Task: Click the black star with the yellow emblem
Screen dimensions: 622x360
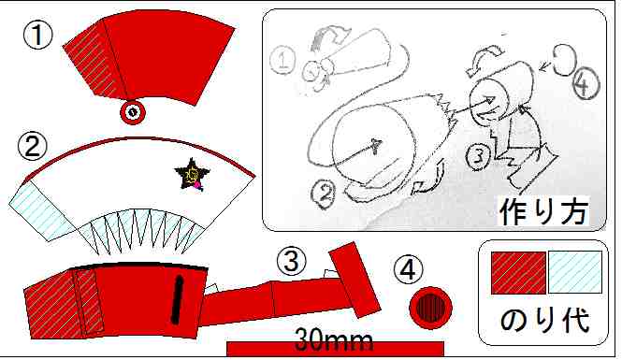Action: [x=192, y=175]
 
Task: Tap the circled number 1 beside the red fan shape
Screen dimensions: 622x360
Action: [x=38, y=35]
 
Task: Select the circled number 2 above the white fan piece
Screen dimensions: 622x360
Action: [x=33, y=145]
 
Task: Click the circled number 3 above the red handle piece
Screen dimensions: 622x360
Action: [x=292, y=262]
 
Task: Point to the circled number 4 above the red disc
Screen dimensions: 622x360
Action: [x=408, y=270]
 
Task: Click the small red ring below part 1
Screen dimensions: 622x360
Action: [x=133, y=112]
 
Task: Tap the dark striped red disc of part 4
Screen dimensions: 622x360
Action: [x=431, y=308]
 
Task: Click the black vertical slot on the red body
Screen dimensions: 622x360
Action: [x=178, y=300]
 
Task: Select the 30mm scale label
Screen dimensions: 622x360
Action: [x=334, y=339]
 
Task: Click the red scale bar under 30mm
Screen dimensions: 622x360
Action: [x=335, y=349]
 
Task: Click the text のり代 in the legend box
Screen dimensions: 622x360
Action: [x=544, y=319]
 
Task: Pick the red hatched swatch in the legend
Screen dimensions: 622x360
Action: [x=518, y=273]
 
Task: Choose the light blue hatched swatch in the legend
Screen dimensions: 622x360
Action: [x=575, y=273]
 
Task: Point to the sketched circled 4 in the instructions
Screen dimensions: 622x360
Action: [x=584, y=83]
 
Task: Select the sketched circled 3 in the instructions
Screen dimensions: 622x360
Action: [x=478, y=155]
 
